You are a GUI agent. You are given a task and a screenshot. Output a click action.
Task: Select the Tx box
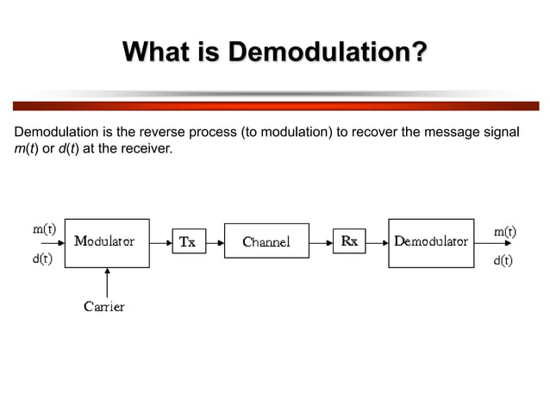click(x=187, y=242)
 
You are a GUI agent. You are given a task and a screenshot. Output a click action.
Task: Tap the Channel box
click(x=266, y=242)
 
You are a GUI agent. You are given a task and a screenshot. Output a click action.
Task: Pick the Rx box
click(x=348, y=242)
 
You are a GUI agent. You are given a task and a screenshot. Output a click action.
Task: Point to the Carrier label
click(x=104, y=306)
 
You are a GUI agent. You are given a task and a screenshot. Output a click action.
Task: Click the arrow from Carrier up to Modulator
click(x=107, y=282)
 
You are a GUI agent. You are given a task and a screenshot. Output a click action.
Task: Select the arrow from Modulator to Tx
click(x=160, y=242)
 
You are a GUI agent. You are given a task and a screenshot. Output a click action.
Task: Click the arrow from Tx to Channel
click(x=212, y=242)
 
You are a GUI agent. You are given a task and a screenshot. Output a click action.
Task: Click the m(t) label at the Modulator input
click(x=45, y=229)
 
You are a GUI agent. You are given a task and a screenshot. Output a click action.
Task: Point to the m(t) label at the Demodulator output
click(x=504, y=231)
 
